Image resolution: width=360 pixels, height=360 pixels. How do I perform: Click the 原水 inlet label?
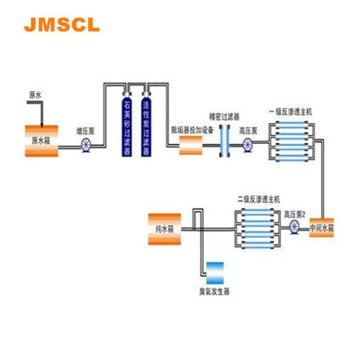(35, 94)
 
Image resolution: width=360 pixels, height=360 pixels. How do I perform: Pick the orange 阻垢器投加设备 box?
(191, 144)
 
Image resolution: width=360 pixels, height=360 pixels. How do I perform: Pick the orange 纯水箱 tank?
(168, 229)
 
